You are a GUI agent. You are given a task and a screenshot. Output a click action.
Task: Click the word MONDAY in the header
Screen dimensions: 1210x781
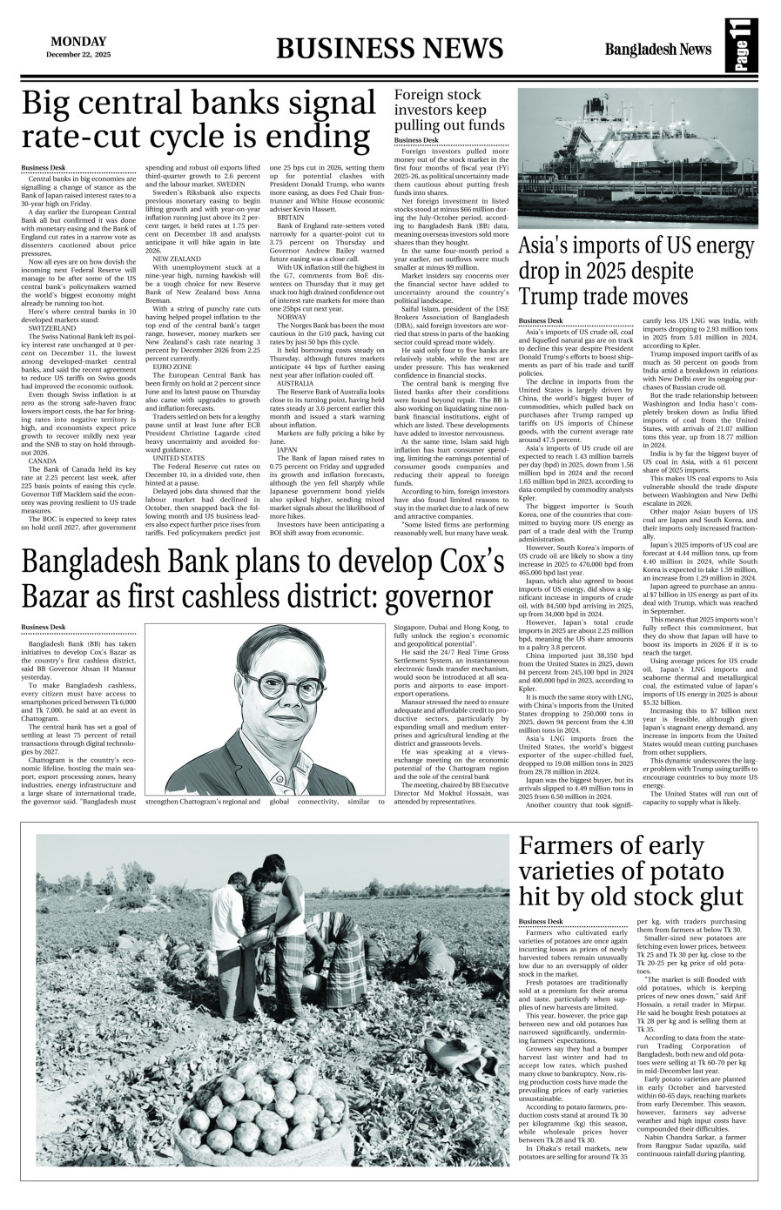(78, 41)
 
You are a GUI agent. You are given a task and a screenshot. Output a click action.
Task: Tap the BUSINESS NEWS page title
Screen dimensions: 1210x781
(389, 48)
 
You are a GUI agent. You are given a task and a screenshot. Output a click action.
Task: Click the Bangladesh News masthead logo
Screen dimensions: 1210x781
(660, 49)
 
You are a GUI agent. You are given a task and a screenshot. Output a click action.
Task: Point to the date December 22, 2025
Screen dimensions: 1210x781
(78, 55)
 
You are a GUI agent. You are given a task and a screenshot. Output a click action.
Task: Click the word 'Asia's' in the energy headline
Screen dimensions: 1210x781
(550, 247)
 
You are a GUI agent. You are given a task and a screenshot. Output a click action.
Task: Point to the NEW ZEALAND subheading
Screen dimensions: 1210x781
(176, 259)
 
